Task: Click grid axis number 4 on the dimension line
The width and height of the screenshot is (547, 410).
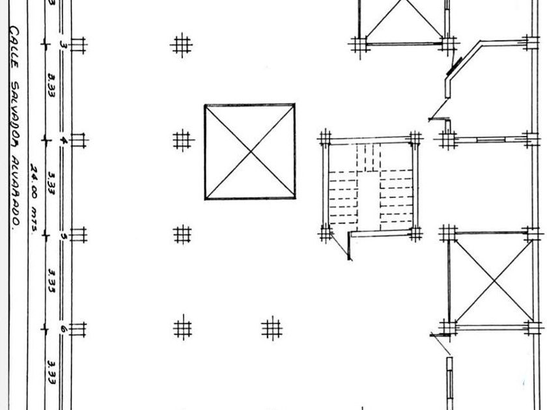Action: (x=63, y=140)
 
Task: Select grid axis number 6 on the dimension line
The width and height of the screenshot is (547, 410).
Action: (x=63, y=329)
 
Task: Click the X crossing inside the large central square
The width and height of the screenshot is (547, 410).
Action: (x=250, y=152)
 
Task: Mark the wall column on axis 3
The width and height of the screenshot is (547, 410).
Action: (x=78, y=45)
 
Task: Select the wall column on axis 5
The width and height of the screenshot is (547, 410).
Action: (x=78, y=235)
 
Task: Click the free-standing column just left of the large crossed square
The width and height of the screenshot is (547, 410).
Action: (x=183, y=139)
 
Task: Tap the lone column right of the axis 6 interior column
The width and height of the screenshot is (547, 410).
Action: (x=272, y=328)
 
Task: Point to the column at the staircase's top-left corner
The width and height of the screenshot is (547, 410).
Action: (x=326, y=139)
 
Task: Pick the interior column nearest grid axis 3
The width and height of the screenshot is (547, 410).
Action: (x=183, y=45)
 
